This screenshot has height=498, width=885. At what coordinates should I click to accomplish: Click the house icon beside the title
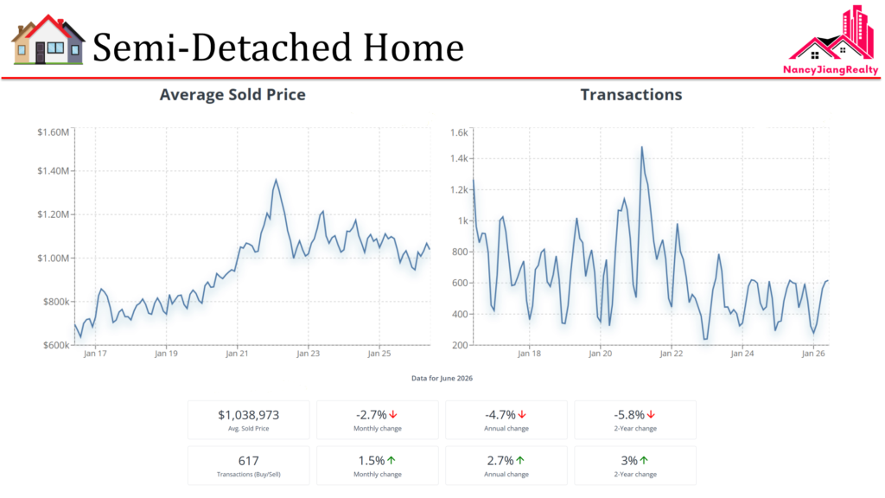pyautogui.click(x=48, y=40)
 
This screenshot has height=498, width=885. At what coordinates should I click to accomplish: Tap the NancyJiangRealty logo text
pyautogui.click(x=831, y=70)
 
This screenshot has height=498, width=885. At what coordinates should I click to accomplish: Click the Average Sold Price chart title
pyautogui.click(x=232, y=94)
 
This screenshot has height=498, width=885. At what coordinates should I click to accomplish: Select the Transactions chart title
pyautogui.click(x=631, y=94)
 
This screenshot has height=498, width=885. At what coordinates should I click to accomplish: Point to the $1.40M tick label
pyautogui.click(x=53, y=170)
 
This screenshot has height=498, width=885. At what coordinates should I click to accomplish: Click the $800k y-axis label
pyautogui.click(x=56, y=302)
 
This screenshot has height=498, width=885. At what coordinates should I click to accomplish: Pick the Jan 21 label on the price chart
pyautogui.click(x=237, y=354)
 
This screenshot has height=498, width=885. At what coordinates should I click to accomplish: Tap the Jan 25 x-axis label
pyautogui.click(x=379, y=354)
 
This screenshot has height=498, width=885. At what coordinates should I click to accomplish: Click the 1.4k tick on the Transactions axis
pyautogui.click(x=459, y=159)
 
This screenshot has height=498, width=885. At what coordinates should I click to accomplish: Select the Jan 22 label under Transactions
pyautogui.click(x=671, y=354)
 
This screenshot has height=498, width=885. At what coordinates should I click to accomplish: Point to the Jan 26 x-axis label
pyautogui.click(x=813, y=354)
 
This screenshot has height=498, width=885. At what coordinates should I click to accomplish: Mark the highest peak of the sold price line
pyautogui.click(x=276, y=180)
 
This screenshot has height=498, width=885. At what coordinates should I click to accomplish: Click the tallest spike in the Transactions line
pyautogui.click(x=642, y=147)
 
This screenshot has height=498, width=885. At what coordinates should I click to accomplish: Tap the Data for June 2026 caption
pyautogui.click(x=442, y=379)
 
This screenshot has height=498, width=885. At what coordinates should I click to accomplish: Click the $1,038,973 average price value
pyautogui.click(x=248, y=415)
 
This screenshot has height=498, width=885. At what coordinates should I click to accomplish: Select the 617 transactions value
pyautogui.click(x=248, y=461)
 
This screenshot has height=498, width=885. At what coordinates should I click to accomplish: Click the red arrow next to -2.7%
pyautogui.click(x=393, y=415)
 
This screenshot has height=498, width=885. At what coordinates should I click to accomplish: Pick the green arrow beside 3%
pyautogui.click(x=644, y=461)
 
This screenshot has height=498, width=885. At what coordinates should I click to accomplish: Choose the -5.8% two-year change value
pyautogui.click(x=629, y=415)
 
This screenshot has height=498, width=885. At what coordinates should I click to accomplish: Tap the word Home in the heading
pyautogui.click(x=413, y=47)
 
